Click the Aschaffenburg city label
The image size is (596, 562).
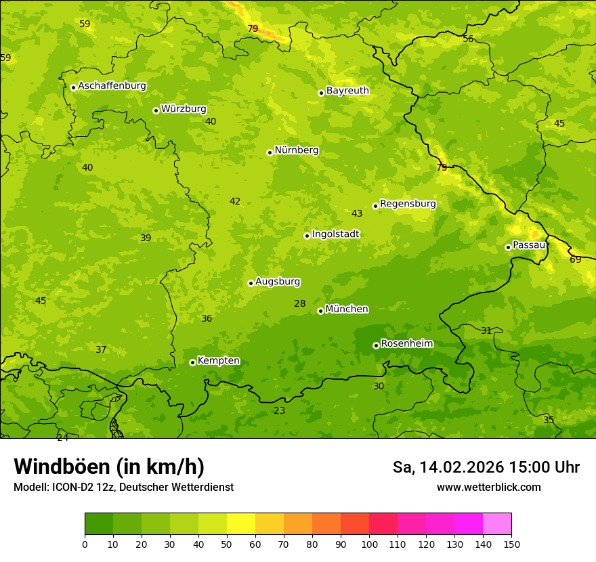click(112, 86)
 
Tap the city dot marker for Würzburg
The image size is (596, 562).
click(156, 110)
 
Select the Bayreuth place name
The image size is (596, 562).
click(347, 91)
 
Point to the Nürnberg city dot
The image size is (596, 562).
click(270, 152)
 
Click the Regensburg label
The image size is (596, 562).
click(408, 204)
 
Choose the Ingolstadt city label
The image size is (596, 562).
click(335, 234)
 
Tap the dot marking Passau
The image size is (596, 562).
click(508, 247)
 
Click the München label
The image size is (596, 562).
click(347, 309)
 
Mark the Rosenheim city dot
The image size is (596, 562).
click(376, 345)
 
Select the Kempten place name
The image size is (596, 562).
click(218, 361)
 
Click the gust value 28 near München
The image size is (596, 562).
click(299, 304)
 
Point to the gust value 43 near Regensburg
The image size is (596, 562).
click(357, 214)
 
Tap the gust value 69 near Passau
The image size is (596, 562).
click(575, 260)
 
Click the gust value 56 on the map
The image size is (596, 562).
click(468, 39)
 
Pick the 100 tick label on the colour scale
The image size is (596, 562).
click(369, 544)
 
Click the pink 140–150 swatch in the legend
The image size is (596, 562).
click(497, 524)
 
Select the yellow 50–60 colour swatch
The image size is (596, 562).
click(241, 524)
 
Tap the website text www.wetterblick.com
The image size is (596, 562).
click(488, 488)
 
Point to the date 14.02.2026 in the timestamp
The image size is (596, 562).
click(462, 467)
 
